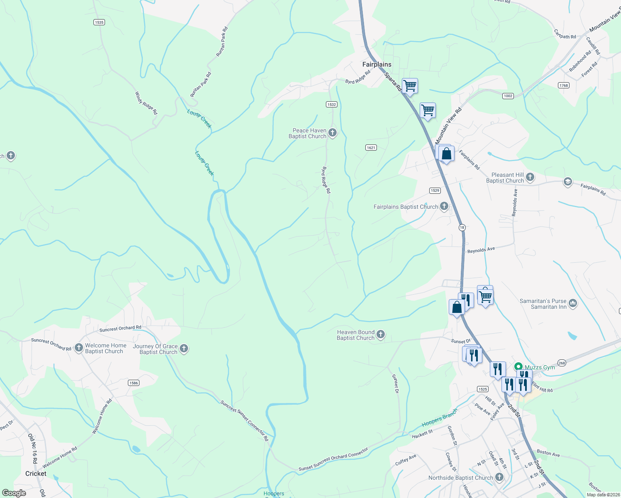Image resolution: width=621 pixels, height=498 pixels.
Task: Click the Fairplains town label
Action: point(377,64)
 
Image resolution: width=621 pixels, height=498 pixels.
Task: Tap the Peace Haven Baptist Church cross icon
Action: point(332,133)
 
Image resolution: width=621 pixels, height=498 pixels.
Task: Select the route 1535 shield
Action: point(99,22)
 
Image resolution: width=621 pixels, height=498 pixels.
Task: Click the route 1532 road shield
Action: point(331,105)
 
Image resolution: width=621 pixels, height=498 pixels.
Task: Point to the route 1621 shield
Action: point(371,148)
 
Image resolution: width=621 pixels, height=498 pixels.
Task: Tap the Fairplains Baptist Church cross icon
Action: point(444,206)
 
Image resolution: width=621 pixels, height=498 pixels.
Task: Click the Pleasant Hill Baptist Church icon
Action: point(530,178)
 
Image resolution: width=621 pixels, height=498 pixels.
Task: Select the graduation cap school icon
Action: point(567,182)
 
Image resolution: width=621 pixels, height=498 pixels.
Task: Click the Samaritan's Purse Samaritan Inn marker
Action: point(573,303)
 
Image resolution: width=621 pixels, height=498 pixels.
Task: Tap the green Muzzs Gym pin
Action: point(518,367)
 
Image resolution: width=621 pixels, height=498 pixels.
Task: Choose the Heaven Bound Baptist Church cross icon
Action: point(380,334)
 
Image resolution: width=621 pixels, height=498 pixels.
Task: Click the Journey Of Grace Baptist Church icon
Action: point(184,349)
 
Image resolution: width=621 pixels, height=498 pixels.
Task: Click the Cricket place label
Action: point(36,474)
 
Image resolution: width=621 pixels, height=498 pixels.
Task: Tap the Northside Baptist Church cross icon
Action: point(499,477)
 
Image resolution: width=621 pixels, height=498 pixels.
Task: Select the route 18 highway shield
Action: point(462,227)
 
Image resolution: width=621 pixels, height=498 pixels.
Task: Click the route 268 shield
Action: point(562,363)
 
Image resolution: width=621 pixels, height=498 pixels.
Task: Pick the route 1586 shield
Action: point(134,383)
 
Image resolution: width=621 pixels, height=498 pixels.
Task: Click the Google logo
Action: point(14,493)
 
